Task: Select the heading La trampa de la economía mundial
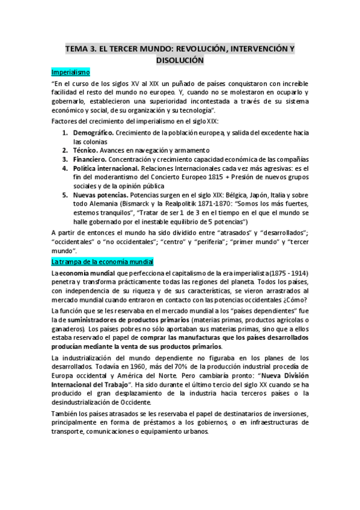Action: click(x=103, y=262)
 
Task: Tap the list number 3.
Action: click(x=66, y=159)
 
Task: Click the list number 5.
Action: click(x=66, y=196)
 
